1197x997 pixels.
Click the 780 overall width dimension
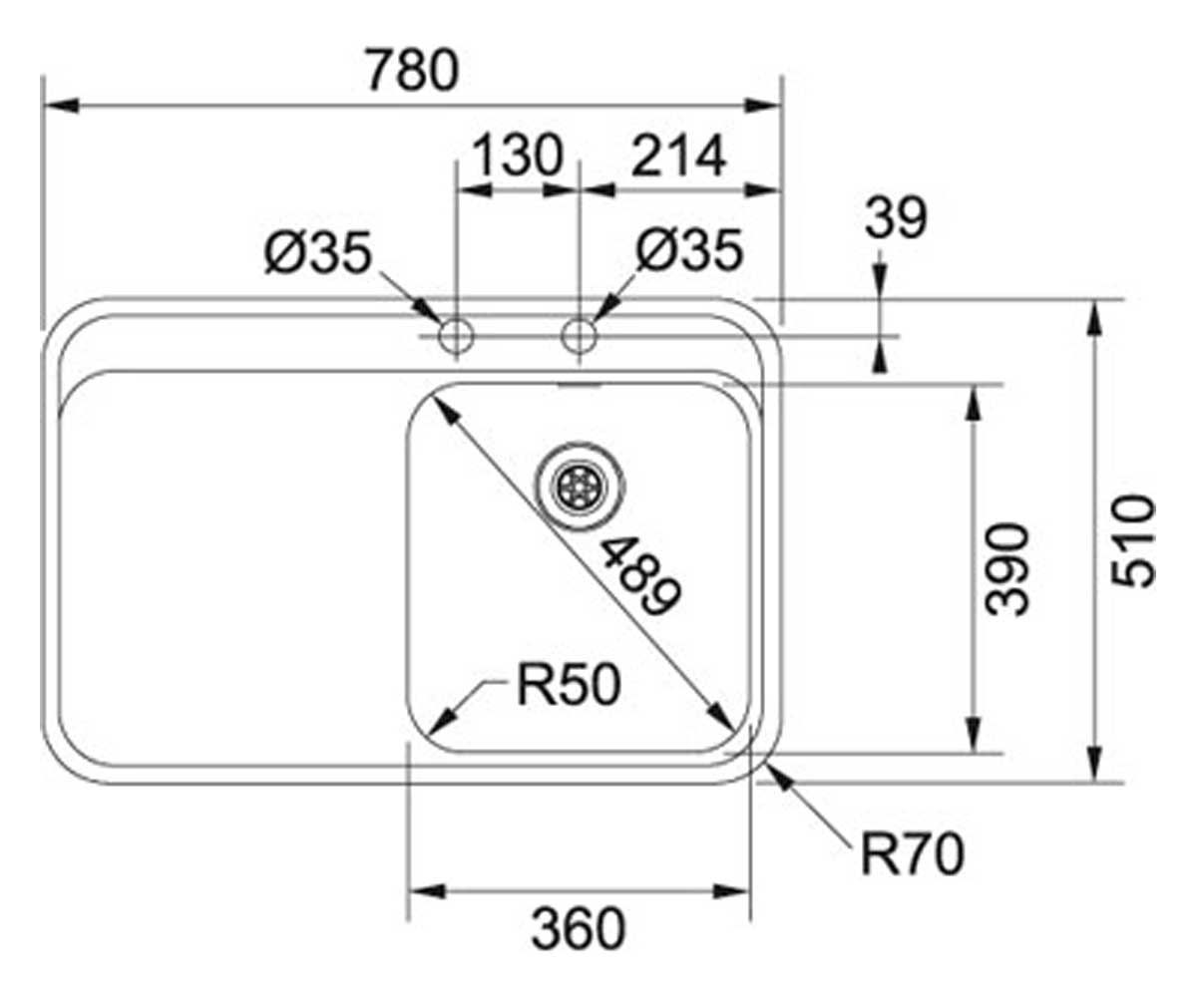[413, 71]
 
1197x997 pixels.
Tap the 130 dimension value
[519, 155]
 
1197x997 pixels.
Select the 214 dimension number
[678, 156]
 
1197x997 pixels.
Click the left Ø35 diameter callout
[319, 252]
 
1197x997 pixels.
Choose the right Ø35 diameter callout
[689, 250]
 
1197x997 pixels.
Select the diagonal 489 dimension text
[639, 576]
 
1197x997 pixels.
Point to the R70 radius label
[913, 854]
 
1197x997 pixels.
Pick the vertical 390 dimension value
[1006, 569]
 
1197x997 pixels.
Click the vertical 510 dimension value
[1133, 541]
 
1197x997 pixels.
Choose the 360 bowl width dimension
[579, 929]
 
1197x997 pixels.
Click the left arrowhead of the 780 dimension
[61, 106]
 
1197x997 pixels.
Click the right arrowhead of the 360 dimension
[731, 891]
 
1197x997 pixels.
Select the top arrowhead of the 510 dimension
[1095, 319]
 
